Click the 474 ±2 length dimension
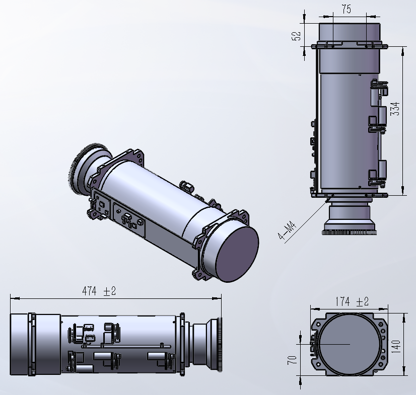pos(99,291)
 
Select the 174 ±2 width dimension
pos(352,301)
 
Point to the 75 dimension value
pos(346,9)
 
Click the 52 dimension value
pos(297,36)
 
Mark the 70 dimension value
pos(292,360)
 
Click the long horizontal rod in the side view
pos(126,346)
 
